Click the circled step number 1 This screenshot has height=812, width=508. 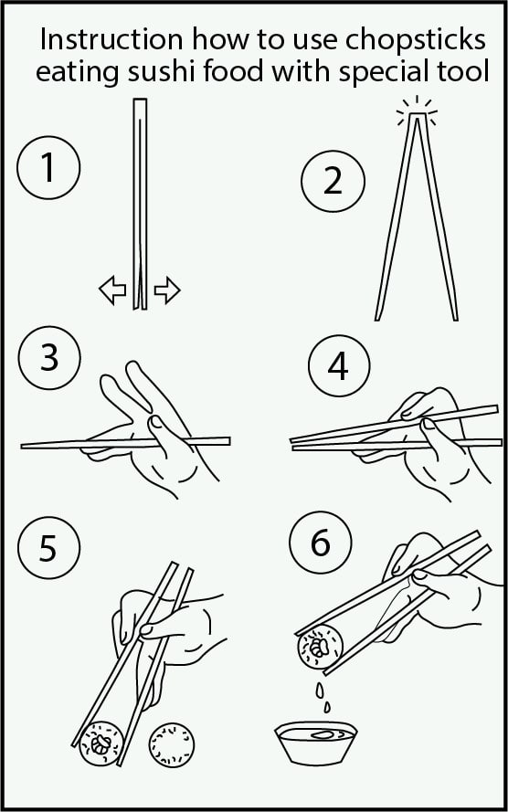click(x=48, y=168)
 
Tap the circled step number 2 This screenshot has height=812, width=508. click(x=333, y=181)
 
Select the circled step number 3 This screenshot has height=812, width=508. click(x=49, y=358)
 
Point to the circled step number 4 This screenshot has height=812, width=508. click(x=339, y=365)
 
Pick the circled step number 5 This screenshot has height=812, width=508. click(x=48, y=548)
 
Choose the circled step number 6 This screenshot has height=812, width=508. click(x=321, y=543)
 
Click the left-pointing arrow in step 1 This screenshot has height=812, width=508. click(x=112, y=290)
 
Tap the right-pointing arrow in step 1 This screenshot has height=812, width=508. click(x=167, y=290)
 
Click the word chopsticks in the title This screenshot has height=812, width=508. click(x=416, y=40)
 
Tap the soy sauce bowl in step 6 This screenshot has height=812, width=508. click(x=315, y=743)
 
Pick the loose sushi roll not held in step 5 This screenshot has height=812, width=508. click(x=172, y=744)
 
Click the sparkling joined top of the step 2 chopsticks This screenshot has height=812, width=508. click(x=417, y=114)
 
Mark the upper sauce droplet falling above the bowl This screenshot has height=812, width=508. click(x=320, y=690)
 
